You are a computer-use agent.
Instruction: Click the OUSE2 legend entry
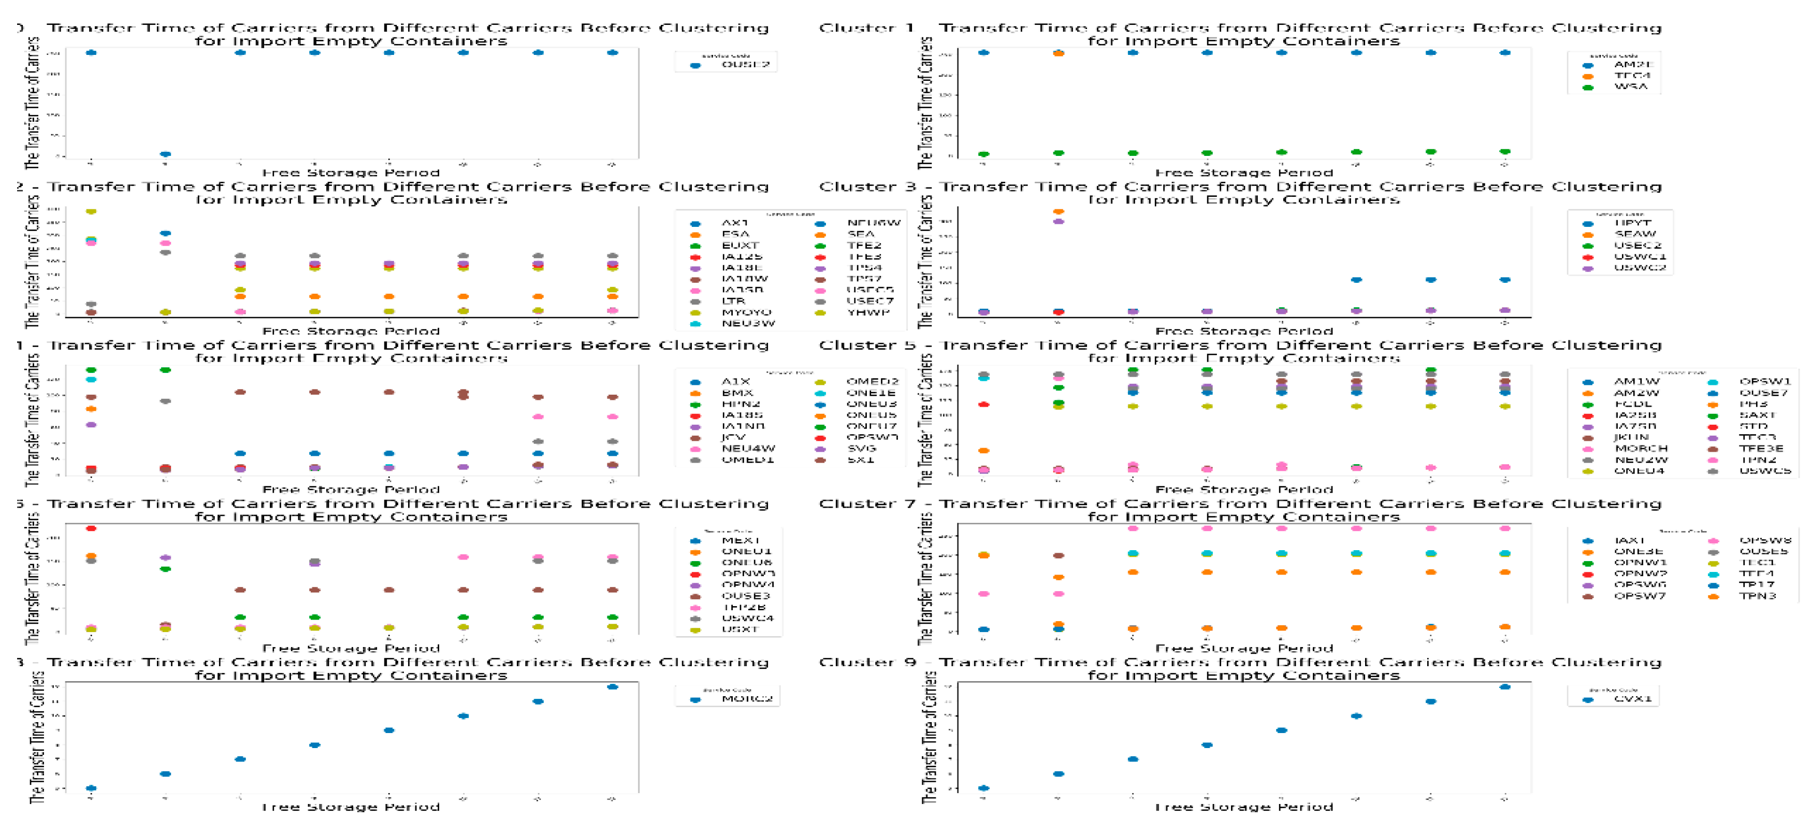click(744, 65)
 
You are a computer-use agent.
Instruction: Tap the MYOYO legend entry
click(746, 312)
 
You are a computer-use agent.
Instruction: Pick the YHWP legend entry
click(868, 312)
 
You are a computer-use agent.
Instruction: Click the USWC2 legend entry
click(1639, 267)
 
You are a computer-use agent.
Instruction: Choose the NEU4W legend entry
click(747, 448)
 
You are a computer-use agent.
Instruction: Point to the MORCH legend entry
click(1641, 448)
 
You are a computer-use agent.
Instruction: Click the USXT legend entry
click(738, 629)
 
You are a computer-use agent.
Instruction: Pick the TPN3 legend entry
click(1757, 596)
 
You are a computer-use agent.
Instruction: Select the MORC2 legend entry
click(746, 699)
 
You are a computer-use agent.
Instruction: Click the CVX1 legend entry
click(1631, 699)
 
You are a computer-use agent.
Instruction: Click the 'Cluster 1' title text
click(866, 28)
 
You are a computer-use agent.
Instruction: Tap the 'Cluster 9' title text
click(866, 662)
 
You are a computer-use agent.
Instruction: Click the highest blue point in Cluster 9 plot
click(1504, 687)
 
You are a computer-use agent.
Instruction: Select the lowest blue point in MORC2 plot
click(91, 788)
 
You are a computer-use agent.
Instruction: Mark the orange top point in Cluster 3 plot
click(1058, 211)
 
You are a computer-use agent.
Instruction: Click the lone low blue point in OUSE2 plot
click(165, 153)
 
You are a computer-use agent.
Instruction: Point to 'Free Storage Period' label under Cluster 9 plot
click(1243, 807)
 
